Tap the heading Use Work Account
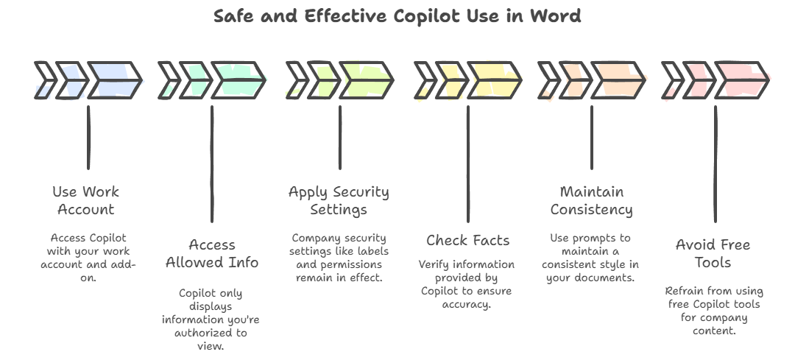(x=85, y=200)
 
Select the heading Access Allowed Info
(x=212, y=253)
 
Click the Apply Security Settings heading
(x=339, y=200)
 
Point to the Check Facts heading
(x=467, y=240)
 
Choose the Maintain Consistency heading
(x=592, y=200)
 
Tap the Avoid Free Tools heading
(x=713, y=253)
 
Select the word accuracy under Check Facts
(x=467, y=305)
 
